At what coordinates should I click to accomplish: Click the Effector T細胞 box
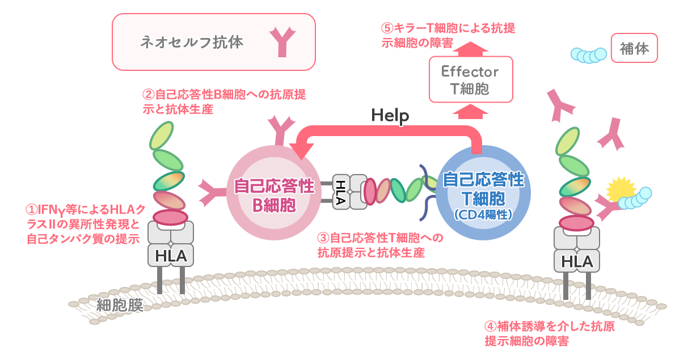(x=471, y=80)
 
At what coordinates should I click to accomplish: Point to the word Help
(x=390, y=116)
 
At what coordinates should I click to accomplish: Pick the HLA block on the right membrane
(x=577, y=261)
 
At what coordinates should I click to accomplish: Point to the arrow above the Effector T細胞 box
(x=471, y=49)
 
